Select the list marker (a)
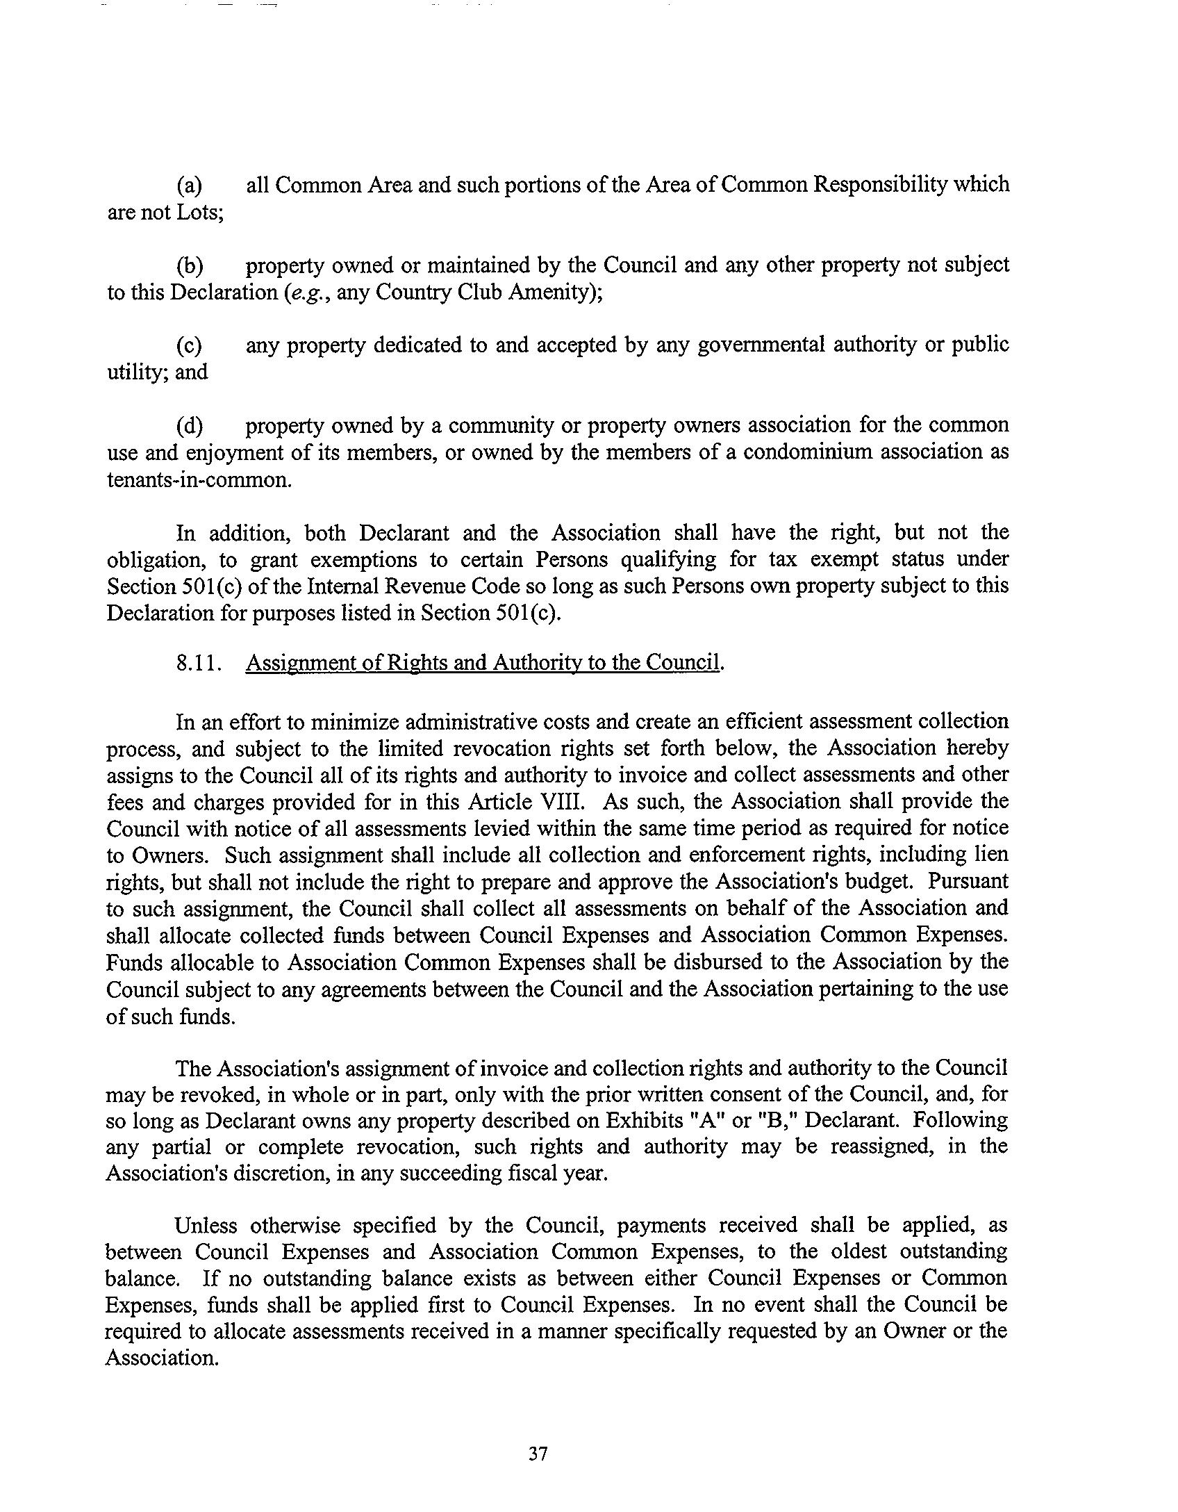pos(190,186)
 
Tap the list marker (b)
pos(190,265)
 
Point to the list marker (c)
pos(190,345)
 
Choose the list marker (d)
pos(190,425)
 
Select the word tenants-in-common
pos(199,479)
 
